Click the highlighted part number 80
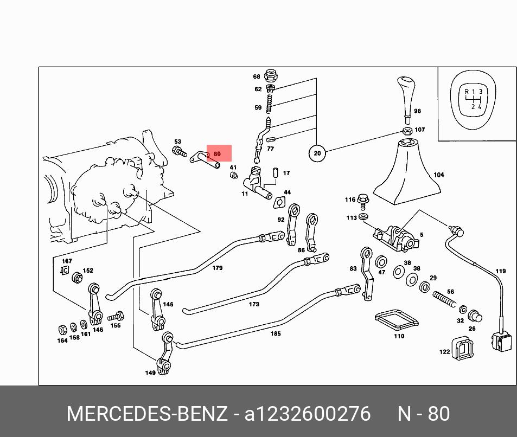(217, 154)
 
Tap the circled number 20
(317, 153)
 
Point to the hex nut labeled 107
(407, 131)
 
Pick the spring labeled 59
(269, 104)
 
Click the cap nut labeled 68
(271, 76)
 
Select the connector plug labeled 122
(463, 348)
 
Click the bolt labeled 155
(116, 317)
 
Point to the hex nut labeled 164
(62, 330)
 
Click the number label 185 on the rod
(276, 333)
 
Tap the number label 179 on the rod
(218, 268)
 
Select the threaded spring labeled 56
(444, 299)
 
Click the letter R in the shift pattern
(466, 92)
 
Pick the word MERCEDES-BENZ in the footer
(147, 414)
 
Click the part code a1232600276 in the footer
(307, 414)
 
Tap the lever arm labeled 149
(165, 354)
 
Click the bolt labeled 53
(179, 152)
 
